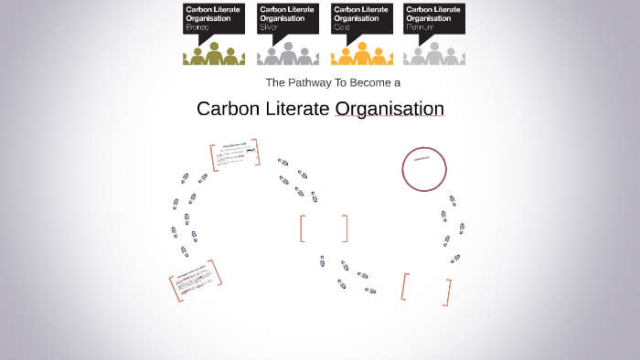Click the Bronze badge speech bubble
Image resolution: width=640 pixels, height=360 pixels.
(213, 18)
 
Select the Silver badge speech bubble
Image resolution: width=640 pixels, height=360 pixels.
(287, 18)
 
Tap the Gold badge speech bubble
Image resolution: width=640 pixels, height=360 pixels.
(361, 18)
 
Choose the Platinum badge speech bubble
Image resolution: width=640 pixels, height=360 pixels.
(434, 18)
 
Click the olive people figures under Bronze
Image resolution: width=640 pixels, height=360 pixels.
(214, 55)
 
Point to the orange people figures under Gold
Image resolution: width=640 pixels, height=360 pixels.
(361, 55)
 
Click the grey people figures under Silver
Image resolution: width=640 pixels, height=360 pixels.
(287, 55)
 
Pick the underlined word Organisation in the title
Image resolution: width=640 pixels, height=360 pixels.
(389, 109)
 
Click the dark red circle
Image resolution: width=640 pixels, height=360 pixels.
(424, 169)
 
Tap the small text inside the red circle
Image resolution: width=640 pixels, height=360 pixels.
(421, 159)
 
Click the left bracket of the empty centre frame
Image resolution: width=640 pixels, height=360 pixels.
(302, 228)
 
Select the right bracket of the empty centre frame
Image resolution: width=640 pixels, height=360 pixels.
(346, 228)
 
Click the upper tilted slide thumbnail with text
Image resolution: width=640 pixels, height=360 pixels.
(235, 155)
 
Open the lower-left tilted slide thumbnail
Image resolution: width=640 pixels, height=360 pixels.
(196, 281)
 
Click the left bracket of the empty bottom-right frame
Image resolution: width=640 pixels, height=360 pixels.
(404, 286)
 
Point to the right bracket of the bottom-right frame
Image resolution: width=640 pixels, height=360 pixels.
(448, 292)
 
